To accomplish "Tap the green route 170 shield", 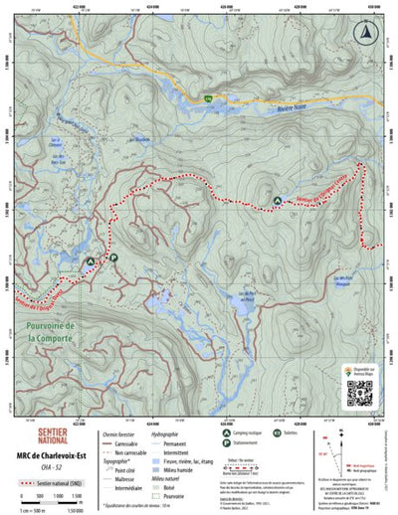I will tap(208, 98).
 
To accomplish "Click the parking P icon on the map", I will tap(112, 257).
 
